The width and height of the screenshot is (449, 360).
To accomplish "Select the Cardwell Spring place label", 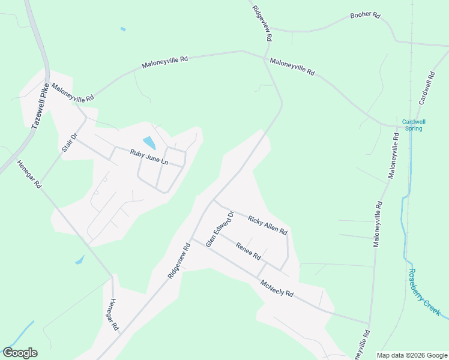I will pyautogui.click(x=412, y=124).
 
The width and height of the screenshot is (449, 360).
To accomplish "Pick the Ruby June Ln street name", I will pyautogui.click(x=149, y=158).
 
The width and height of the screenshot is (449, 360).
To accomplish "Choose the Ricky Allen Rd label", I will pyautogui.click(x=268, y=224).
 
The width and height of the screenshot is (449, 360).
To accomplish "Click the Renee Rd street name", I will pyautogui.click(x=248, y=251).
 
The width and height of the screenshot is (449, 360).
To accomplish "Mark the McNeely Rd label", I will pyautogui.click(x=276, y=289).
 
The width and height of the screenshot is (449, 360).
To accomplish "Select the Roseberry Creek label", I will pyautogui.click(x=424, y=292).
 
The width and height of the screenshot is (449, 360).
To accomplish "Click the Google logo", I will pyautogui.click(x=20, y=353).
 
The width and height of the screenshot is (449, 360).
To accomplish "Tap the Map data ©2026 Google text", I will pyautogui.click(x=411, y=355).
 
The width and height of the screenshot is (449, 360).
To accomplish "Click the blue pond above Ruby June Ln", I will pyautogui.click(x=149, y=143).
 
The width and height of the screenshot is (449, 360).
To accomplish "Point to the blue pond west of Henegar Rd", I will pyautogui.click(x=80, y=260).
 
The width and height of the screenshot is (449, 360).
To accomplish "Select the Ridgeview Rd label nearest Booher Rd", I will pyautogui.click(x=262, y=24).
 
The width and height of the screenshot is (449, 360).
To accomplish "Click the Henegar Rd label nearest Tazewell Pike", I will pyautogui.click(x=28, y=175).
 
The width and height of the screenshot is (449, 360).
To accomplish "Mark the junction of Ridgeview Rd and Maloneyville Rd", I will pyautogui.click(x=265, y=58).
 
